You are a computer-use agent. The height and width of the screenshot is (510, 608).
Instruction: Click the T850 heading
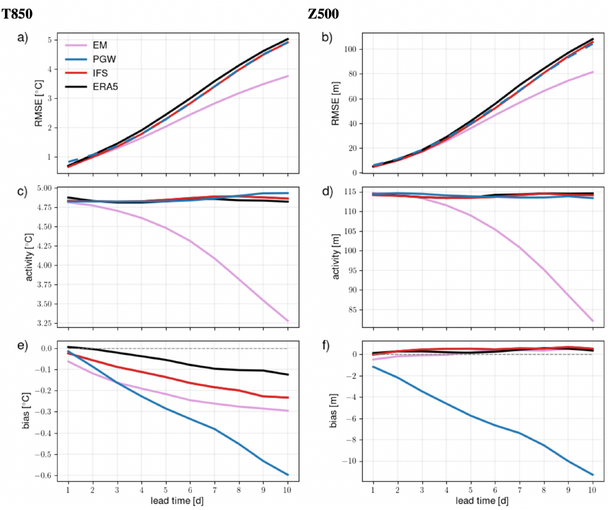tap(17, 13)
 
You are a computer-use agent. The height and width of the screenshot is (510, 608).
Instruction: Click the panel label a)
tap(23, 38)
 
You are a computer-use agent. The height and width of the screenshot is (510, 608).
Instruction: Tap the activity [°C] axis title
tap(30, 257)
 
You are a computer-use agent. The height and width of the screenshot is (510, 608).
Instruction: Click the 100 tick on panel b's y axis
tap(351, 49)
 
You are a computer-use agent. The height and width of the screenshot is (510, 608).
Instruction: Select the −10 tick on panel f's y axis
tap(352, 461)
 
